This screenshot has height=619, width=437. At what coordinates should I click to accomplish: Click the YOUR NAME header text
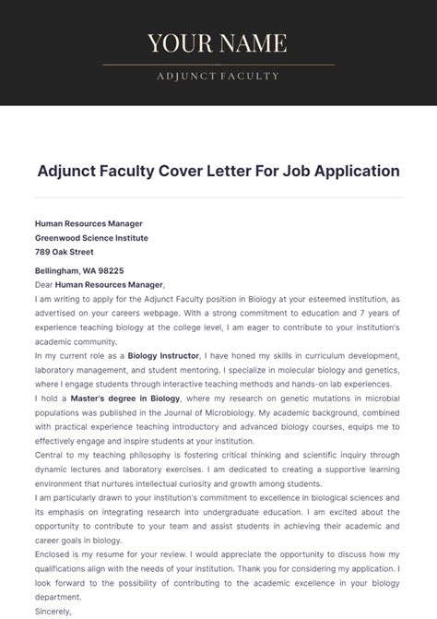click(x=218, y=43)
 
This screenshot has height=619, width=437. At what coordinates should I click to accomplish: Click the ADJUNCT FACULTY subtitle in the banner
click(x=218, y=76)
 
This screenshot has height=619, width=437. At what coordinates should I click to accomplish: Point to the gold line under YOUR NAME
click(x=218, y=65)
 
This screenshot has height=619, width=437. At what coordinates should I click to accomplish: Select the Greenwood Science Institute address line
click(x=91, y=237)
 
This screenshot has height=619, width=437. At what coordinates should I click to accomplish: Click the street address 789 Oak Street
click(x=64, y=251)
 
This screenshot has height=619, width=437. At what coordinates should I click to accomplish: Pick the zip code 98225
click(x=110, y=271)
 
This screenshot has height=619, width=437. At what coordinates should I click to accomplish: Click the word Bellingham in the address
click(x=58, y=271)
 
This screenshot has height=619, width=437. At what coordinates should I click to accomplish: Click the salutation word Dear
click(x=44, y=285)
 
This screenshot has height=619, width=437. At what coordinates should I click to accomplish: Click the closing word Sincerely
click(x=53, y=611)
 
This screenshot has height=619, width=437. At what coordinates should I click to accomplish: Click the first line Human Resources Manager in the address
click(x=89, y=223)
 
